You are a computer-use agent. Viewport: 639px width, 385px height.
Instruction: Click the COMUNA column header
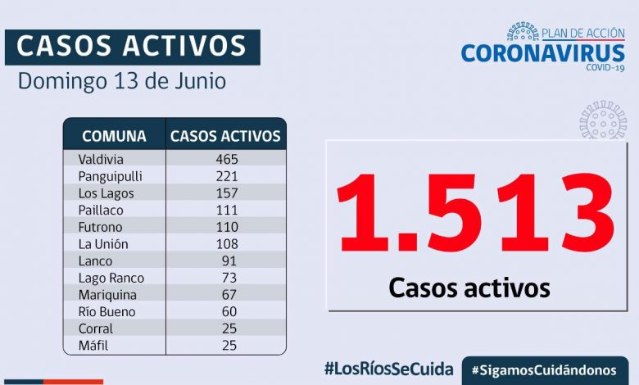click(x=114, y=136)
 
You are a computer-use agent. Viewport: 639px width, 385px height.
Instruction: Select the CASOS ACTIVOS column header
click(x=225, y=136)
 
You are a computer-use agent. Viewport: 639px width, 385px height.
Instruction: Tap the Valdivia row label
click(x=102, y=159)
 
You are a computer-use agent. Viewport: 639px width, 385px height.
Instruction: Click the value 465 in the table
click(x=227, y=159)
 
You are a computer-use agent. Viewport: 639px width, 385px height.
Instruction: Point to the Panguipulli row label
click(x=111, y=176)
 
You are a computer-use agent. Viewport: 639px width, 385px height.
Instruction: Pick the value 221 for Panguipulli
click(x=227, y=176)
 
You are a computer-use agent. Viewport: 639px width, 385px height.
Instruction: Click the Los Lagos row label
click(x=106, y=193)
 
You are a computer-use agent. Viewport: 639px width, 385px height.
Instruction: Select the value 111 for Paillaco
click(x=227, y=211)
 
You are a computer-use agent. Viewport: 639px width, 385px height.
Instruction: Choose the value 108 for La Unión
click(x=227, y=244)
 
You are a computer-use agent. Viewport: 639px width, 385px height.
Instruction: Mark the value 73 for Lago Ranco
click(x=229, y=278)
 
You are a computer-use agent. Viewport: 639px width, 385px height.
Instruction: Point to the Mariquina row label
click(x=107, y=295)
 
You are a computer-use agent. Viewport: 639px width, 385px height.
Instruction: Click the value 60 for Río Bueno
click(x=229, y=312)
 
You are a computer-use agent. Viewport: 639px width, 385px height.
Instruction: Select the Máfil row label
click(x=94, y=346)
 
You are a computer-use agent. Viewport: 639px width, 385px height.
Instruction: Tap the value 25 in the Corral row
click(x=229, y=328)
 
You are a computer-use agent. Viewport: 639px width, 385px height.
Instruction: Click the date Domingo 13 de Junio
click(x=122, y=82)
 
